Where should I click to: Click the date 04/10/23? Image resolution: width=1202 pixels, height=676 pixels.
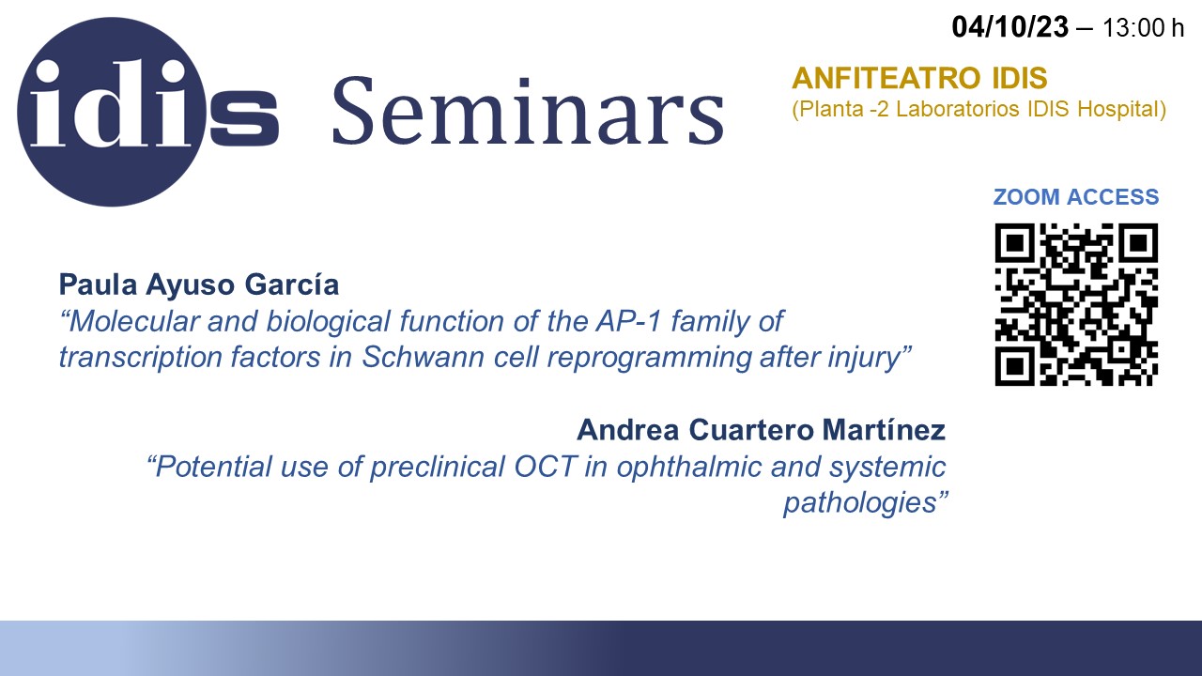tap(1009, 27)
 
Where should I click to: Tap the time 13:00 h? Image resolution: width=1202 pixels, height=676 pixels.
tap(1143, 28)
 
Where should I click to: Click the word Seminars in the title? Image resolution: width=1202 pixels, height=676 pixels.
tap(529, 111)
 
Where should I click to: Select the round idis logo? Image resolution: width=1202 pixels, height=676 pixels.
tap(112, 112)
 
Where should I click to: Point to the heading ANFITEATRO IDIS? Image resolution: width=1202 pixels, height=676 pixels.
tap(919, 78)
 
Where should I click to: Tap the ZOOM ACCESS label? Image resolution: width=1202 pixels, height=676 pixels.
tap(1076, 197)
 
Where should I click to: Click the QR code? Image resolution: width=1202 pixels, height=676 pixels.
tap(1076, 304)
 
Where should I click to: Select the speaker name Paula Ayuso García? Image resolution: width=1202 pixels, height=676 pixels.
tap(198, 284)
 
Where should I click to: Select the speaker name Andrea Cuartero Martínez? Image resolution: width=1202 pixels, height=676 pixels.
tap(761, 430)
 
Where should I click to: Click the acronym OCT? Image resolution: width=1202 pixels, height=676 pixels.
tap(546, 467)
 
